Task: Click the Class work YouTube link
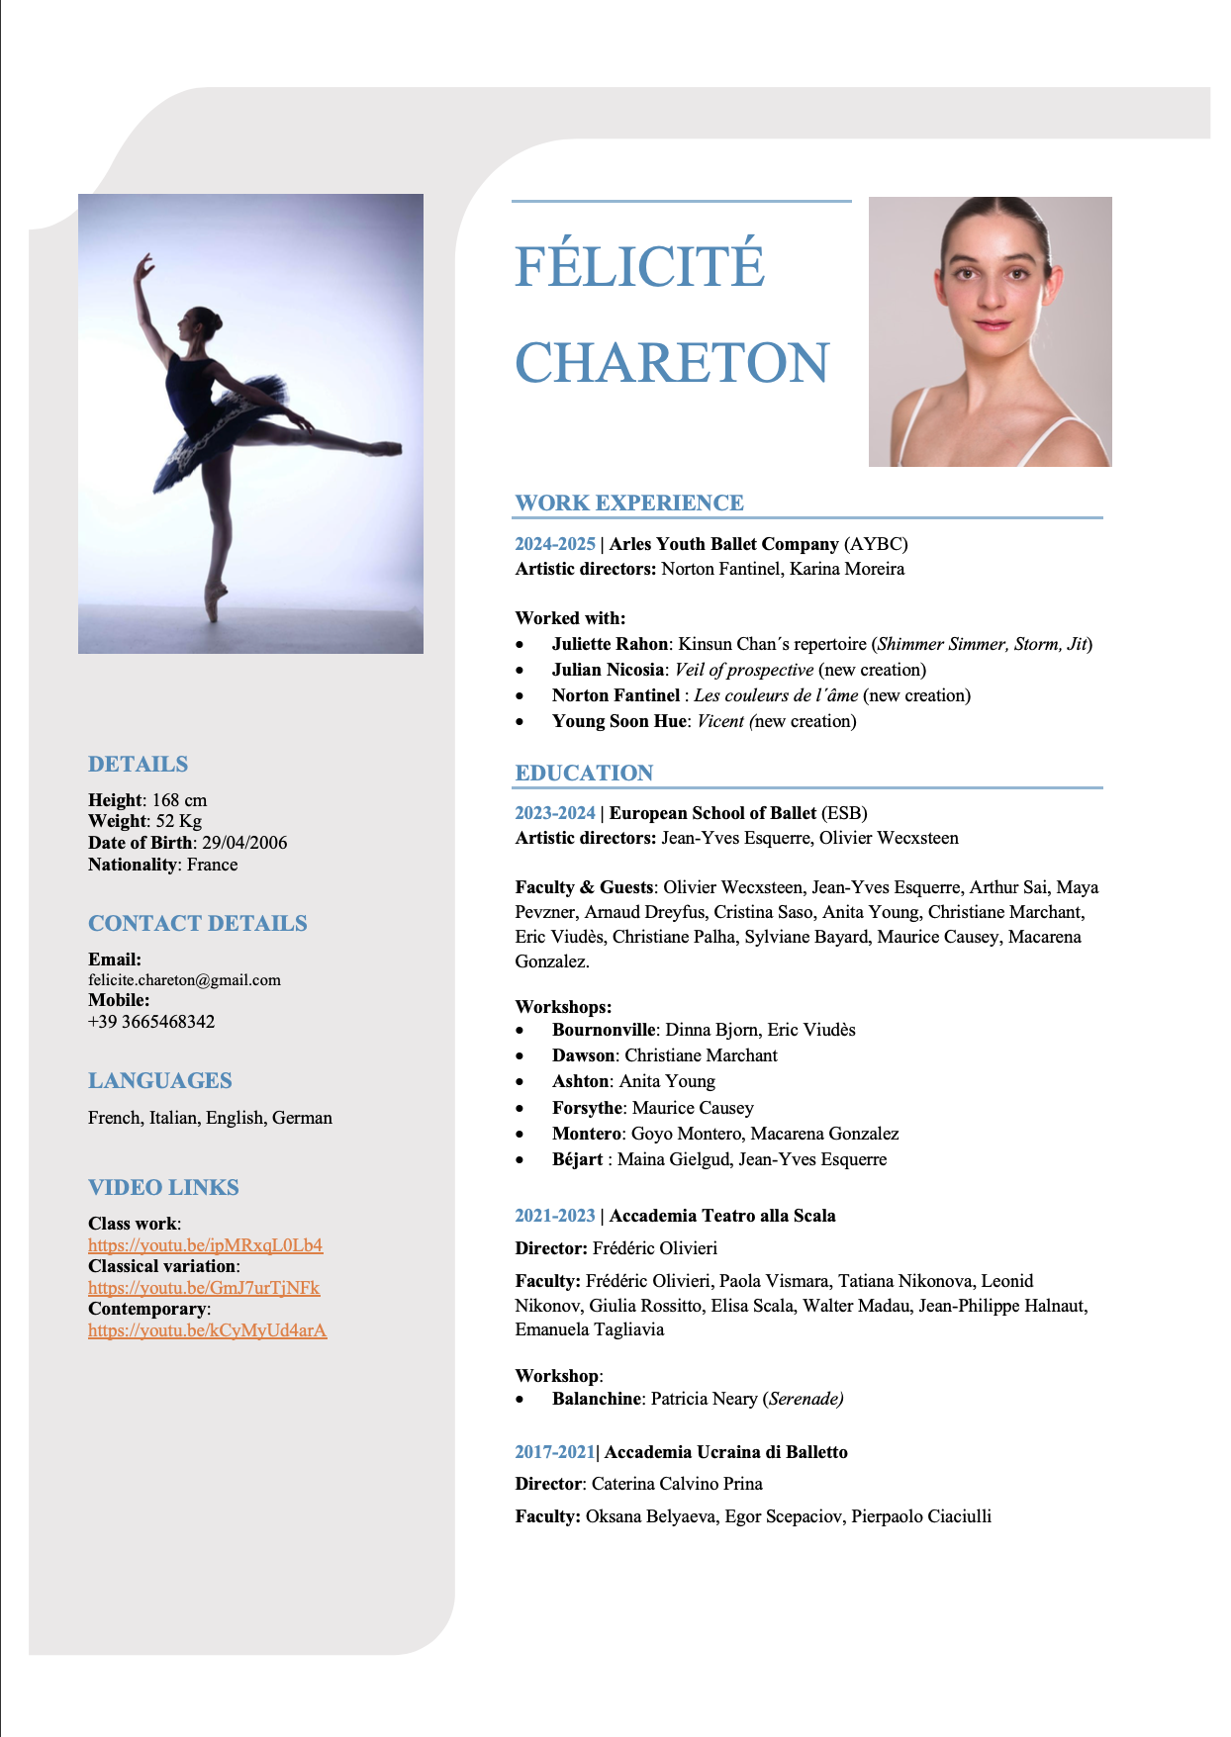(205, 1245)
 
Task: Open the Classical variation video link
(204, 1288)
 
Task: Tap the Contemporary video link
(207, 1330)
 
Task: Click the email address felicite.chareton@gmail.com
(184, 980)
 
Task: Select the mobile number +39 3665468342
(151, 1022)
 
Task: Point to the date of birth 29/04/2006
(244, 843)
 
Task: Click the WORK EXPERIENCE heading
(629, 503)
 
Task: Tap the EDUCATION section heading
(584, 773)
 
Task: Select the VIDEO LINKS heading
(163, 1187)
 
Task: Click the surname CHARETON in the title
(672, 362)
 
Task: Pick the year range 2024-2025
(555, 544)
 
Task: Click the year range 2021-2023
(555, 1216)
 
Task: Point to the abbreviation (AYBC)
(876, 544)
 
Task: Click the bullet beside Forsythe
(521, 1108)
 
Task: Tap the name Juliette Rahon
(610, 644)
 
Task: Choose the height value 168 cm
(179, 800)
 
